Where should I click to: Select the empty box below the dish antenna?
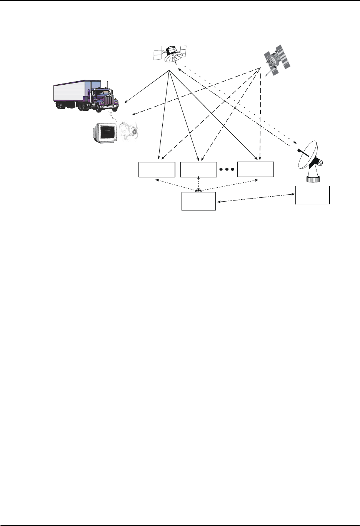(312, 195)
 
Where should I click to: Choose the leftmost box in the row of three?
(157, 170)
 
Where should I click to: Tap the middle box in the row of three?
(198, 170)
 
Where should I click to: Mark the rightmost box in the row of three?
(255, 169)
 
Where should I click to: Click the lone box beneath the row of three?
(198, 201)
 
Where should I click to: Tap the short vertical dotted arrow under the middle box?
(198, 184)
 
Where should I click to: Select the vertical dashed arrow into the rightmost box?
(260, 115)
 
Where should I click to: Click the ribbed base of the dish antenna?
(312, 179)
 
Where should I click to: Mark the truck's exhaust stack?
(107, 86)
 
